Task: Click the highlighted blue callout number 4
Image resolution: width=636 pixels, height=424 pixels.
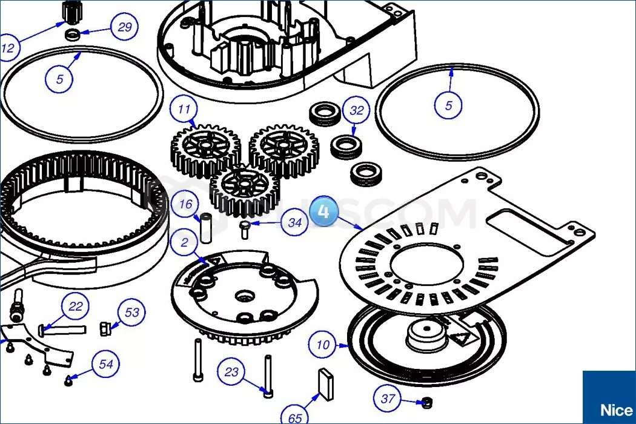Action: point(323,212)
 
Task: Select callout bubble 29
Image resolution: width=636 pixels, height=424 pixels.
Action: point(125,27)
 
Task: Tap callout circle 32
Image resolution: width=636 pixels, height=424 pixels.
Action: point(357,110)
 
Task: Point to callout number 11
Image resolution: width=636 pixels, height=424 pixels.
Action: point(184,110)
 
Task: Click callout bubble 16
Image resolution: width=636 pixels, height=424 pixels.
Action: point(185,205)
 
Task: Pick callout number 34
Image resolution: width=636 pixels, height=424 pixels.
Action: point(294,222)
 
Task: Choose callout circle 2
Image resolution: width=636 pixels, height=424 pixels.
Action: point(184,243)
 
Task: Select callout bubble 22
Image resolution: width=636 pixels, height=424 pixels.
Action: point(75,306)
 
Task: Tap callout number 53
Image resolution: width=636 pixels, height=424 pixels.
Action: point(132,313)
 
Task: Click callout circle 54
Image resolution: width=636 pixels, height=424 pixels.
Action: point(106,365)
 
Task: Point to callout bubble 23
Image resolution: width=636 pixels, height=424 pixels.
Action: point(232,372)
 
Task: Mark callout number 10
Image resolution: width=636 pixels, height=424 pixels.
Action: point(323,345)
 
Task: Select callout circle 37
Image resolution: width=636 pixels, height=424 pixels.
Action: point(388,399)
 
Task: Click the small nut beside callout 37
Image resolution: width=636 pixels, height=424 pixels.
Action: point(426,402)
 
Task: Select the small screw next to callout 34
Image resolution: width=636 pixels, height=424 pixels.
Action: point(245,229)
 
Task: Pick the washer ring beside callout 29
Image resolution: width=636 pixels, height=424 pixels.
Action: point(73,34)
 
